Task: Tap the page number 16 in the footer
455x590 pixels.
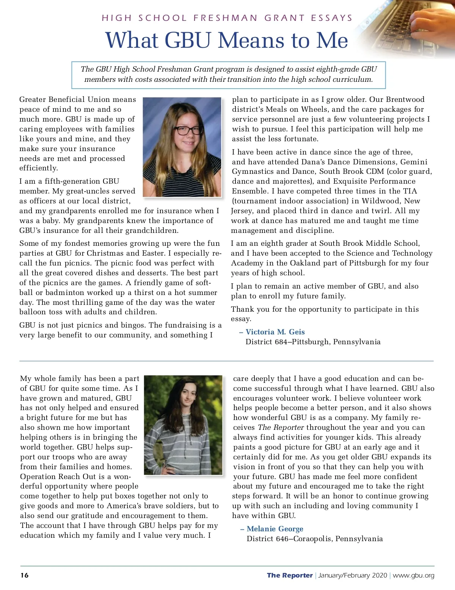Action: click(x=24, y=575)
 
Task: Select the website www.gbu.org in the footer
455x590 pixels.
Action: click(x=413, y=575)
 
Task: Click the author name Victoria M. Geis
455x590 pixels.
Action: click(x=275, y=332)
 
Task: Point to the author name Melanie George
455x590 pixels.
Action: click(x=275, y=529)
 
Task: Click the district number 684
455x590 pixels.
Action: click(x=280, y=342)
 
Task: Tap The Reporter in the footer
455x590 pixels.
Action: click(x=290, y=575)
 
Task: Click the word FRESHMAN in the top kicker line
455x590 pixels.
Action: click(x=225, y=18)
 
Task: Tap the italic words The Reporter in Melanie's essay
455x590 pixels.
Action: click(x=281, y=427)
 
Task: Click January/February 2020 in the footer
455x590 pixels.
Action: click(x=352, y=575)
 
